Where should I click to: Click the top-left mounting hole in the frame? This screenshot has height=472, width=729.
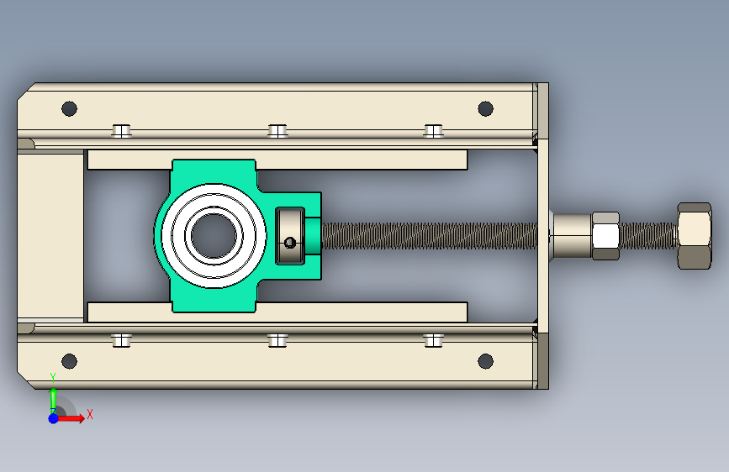click(x=69, y=108)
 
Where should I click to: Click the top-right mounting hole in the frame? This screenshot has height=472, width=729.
click(x=485, y=108)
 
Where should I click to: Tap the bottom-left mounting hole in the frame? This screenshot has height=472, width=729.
click(x=69, y=361)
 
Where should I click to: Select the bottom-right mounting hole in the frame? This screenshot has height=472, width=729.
click(x=485, y=361)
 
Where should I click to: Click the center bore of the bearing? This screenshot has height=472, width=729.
click(x=214, y=236)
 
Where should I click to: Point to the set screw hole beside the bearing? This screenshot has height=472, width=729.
click(x=289, y=243)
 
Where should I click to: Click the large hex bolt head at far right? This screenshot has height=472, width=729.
click(x=695, y=236)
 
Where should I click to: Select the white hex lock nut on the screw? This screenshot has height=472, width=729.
click(x=605, y=236)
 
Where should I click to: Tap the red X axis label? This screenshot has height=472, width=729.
click(x=90, y=414)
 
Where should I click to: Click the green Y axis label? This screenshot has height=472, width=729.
click(x=53, y=377)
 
